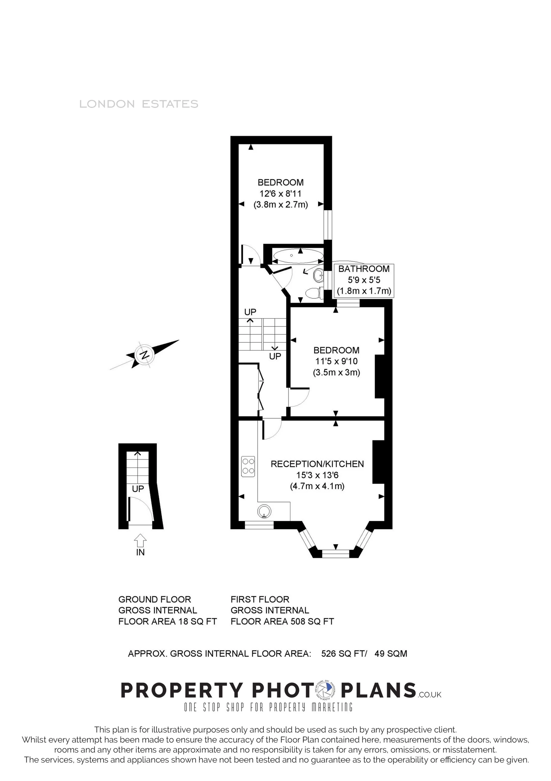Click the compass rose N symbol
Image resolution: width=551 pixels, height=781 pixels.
tap(145, 355)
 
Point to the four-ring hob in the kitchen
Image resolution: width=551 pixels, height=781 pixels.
tap(248, 466)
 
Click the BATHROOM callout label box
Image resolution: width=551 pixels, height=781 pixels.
tap(364, 280)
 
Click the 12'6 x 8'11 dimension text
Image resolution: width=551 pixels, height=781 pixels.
tap(280, 193)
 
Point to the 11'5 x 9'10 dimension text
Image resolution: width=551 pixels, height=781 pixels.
tap(336, 361)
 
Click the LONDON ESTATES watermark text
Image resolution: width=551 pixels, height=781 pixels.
tap(138, 104)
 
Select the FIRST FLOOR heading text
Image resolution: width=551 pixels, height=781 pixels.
tap(260, 599)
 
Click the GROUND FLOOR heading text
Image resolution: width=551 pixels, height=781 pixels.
tap(155, 599)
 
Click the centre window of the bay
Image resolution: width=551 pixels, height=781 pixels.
tap(335, 554)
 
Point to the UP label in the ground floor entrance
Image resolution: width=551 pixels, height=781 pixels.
tap(138, 489)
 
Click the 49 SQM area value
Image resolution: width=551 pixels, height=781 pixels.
tap(391, 653)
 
